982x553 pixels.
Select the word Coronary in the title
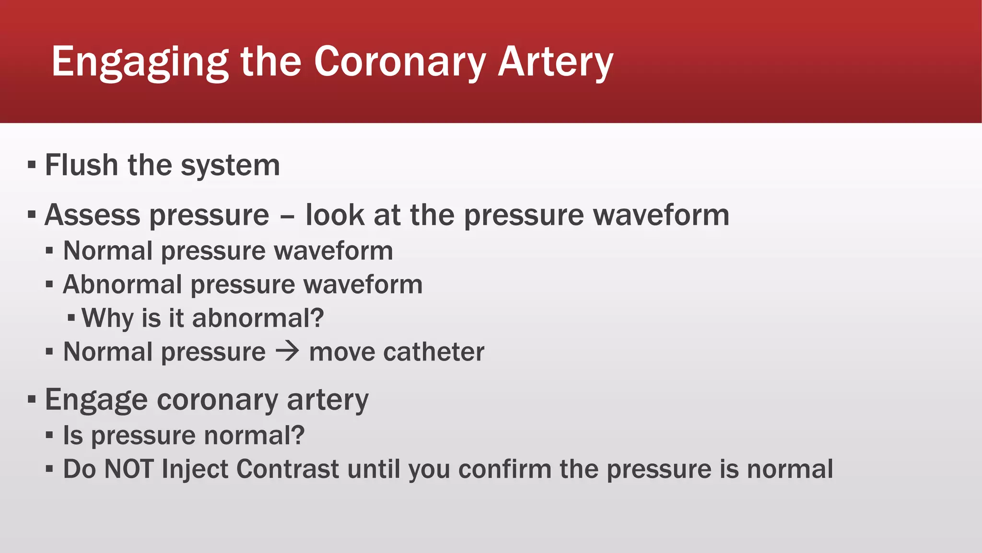pyautogui.click(x=399, y=62)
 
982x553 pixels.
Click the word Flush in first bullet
pyautogui.click(x=82, y=165)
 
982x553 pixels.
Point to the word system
pyautogui.click(x=230, y=166)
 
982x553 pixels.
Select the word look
pyautogui.click(x=335, y=215)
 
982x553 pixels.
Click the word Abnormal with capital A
pyautogui.click(x=122, y=285)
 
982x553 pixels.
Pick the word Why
pyautogui.click(x=107, y=318)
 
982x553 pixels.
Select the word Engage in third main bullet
pyautogui.click(x=96, y=400)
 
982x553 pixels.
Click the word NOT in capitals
pyautogui.click(x=129, y=469)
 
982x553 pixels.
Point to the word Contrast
pyautogui.click(x=288, y=469)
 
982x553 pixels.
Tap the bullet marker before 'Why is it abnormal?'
pyautogui.click(x=71, y=318)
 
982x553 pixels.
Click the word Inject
pyautogui.click(x=195, y=469)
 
